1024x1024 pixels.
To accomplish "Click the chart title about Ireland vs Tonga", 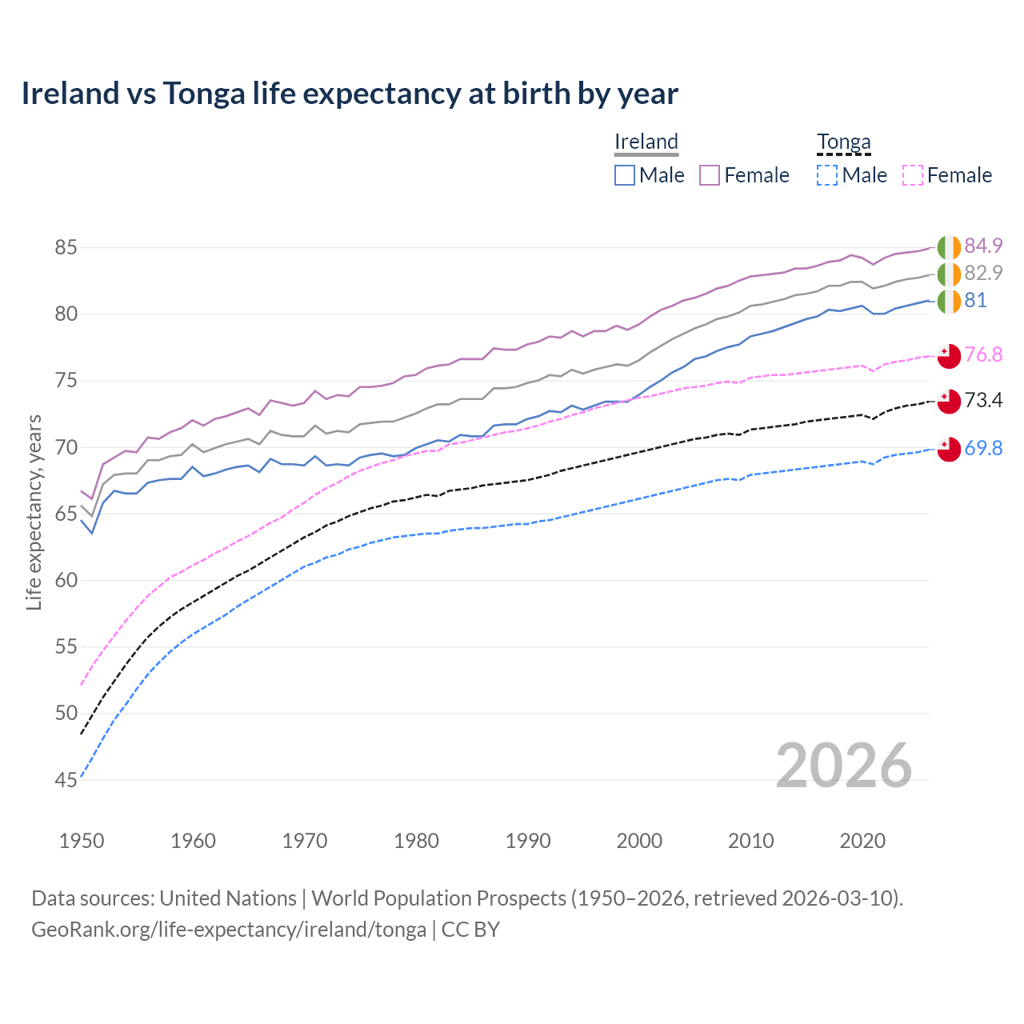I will coord(350,94).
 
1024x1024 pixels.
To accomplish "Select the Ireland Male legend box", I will coord(625,175).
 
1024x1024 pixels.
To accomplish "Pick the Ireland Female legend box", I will coord(710,175).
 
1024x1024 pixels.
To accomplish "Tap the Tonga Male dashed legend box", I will coord(827,175).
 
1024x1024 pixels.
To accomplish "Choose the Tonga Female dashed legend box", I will coord(913,175).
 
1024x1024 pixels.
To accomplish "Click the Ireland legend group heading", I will coord(646,142).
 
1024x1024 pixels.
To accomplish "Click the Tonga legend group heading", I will coord(843,142).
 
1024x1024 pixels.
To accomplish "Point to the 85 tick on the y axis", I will coord(66,248).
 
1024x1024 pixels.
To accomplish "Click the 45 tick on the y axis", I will coord(66,780).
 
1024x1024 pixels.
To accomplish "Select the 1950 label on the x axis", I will coord(82,841).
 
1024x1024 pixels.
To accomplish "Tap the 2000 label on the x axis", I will coord(639,841).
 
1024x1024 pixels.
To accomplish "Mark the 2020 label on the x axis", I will coord(862,841).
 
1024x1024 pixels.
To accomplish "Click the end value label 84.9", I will coord(983,246).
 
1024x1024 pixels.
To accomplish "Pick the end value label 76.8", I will coord(983,354).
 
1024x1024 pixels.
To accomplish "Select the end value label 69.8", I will coord(983,448).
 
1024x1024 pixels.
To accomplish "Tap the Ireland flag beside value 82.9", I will coord(949,274).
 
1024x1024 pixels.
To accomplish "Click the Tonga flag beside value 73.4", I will coord(949,401).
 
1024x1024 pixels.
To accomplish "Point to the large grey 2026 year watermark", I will coord(844,766).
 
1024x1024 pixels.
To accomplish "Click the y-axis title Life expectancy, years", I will coord(34,512).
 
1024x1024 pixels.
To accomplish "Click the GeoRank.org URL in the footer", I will coord(229,930).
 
